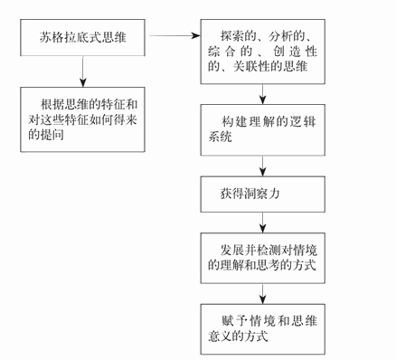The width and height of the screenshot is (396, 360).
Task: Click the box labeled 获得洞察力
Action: (261, 194)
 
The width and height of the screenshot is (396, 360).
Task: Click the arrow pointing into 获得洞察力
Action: (261, 166)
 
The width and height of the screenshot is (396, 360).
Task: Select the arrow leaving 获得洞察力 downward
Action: (261, 221)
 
